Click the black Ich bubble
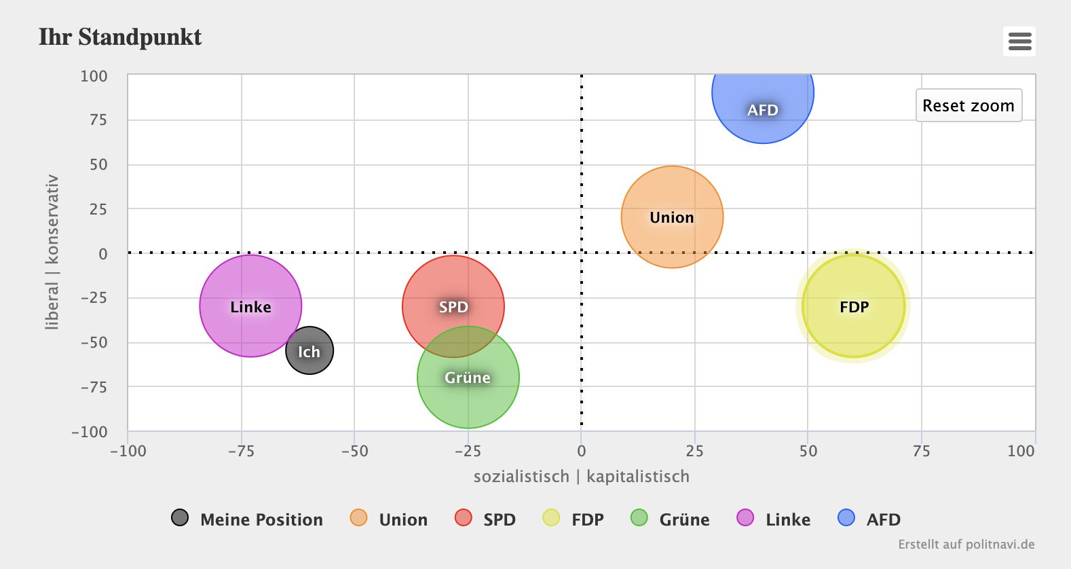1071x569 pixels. (x=309, y=350)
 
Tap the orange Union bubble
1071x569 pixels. (x=672, y=217)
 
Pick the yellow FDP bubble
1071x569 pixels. (x=853, y=306)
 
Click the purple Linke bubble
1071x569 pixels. (x=250, y=306)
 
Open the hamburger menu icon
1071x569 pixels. (x=1019, y=41)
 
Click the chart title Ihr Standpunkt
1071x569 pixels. (x=120, y=37)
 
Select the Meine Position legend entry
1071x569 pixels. (x=247, y=519)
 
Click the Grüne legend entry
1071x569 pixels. (x=670, y=519)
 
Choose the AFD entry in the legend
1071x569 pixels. (x=869, y=519)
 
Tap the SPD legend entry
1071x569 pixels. (x=485, y=519)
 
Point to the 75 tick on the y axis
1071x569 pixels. (x=98, y=120)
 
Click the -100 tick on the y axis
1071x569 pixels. (x=90, y=433)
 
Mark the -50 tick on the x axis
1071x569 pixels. (x=355, y=451)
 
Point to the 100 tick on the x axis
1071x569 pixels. (x=1021, y=451)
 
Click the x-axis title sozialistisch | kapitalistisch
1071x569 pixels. (x=582, y=477)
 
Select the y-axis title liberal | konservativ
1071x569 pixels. (x=52, y=253)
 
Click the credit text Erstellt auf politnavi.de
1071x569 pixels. (x=966, y=545)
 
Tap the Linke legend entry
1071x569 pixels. (x=774, y=519)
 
